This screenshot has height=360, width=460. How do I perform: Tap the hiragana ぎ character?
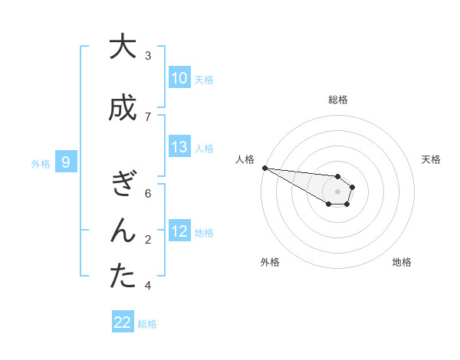point(122,185)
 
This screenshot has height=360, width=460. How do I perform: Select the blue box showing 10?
point(179,78)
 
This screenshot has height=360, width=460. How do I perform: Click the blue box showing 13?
point(179,147)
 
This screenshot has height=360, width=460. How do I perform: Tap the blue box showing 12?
point(179,231)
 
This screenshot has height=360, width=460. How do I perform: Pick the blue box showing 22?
point(123,322)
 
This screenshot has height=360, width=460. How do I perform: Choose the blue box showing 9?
point(66,162)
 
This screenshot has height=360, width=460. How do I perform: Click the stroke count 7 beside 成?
point(148,116)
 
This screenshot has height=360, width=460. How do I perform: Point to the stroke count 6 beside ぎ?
point(148,194)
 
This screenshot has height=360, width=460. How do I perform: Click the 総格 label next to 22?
point(147,324)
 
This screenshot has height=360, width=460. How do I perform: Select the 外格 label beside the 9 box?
point(41,163)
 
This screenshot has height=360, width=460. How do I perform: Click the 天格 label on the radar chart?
point(432,159)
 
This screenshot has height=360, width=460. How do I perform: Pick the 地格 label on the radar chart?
point(402,262)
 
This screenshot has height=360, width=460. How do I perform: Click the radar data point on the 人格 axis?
point(264,168)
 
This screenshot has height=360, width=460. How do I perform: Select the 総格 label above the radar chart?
point(338,100)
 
